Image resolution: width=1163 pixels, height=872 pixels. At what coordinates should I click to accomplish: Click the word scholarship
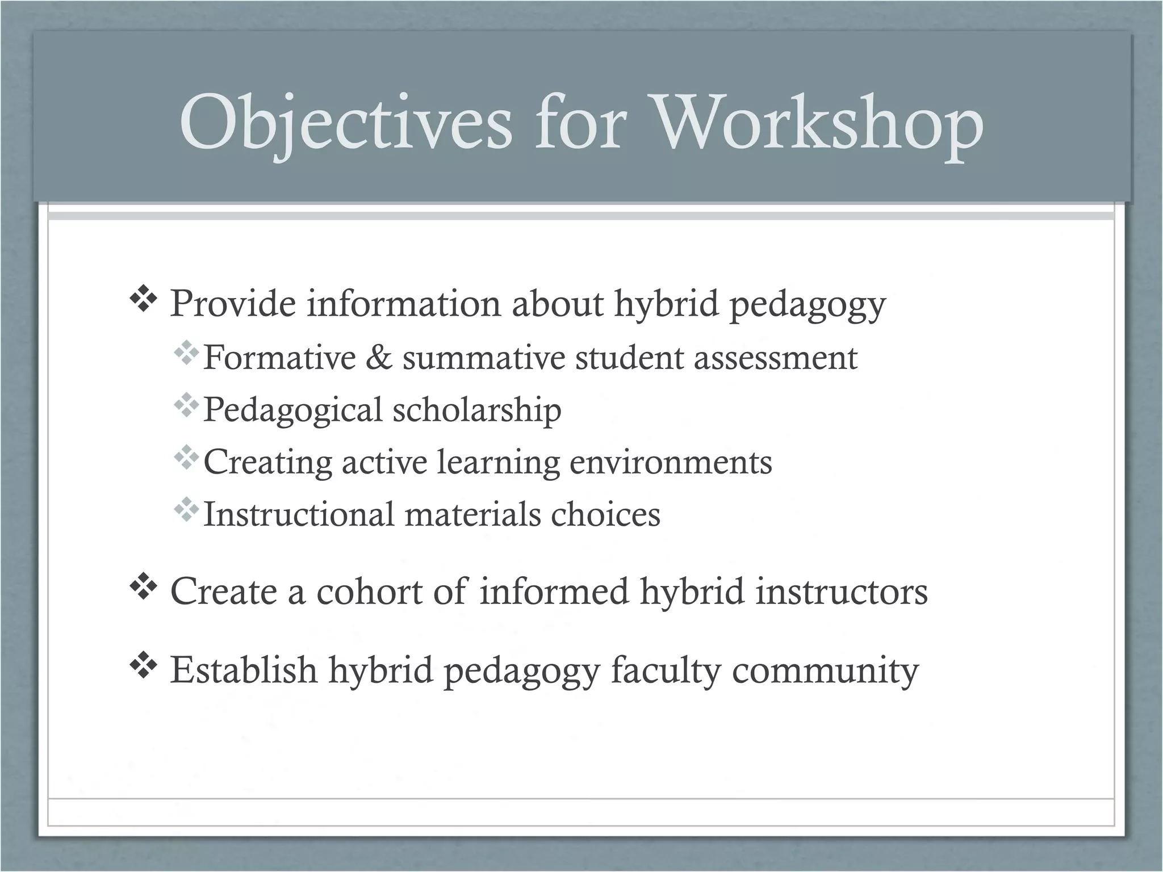(477, 410)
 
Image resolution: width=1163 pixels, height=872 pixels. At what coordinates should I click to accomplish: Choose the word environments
(671, 462)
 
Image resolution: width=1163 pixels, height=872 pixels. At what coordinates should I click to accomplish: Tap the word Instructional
(298, 514)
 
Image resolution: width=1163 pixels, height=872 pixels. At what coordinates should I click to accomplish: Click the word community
(825, 670)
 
